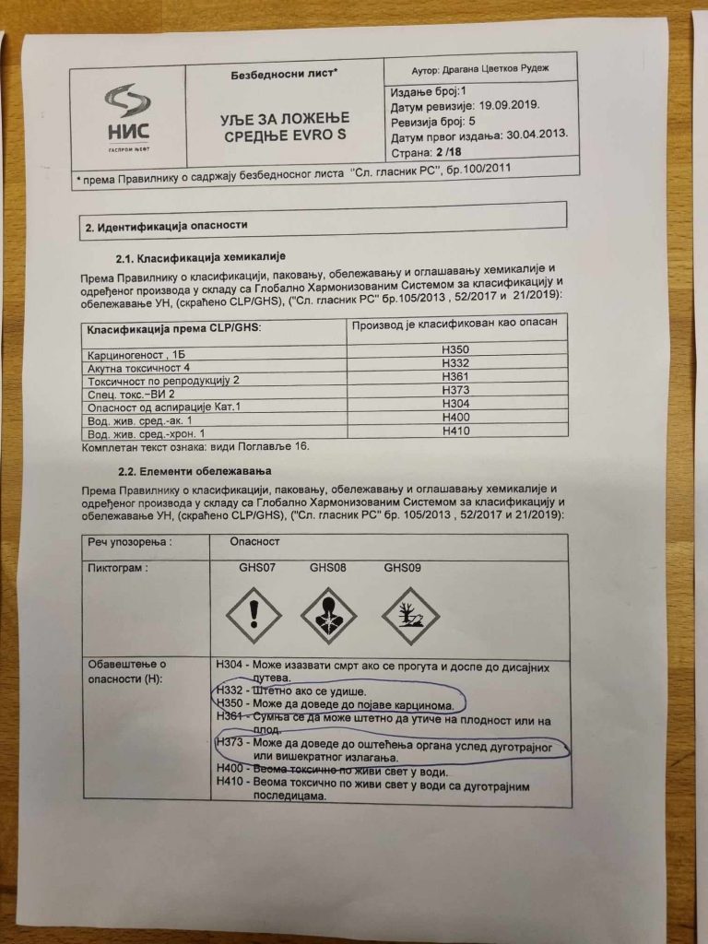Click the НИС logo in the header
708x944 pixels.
(x=128, y=116)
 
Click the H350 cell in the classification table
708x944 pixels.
(x=456, y=350)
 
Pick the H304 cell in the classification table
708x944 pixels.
(x=456, y=403)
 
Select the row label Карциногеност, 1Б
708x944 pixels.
(x=129, y=354)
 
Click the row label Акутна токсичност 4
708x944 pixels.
(x=134, y=368)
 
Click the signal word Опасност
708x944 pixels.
(x=254, y=543)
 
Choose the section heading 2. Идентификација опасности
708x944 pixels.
(x=165, y=226)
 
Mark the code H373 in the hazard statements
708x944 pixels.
(x=229, y=741)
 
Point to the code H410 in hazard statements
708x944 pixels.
(x=230, y=783)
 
